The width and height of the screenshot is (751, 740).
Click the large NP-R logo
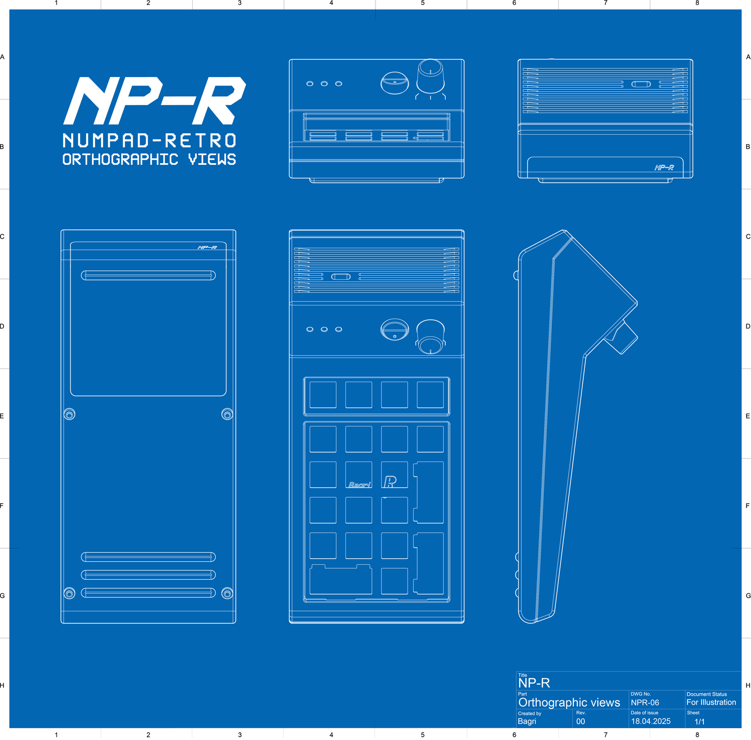tap(155, 101)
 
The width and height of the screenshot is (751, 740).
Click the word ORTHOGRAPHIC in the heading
tap(120, 159)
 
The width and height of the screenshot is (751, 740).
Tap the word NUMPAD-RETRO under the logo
tap(149, 140)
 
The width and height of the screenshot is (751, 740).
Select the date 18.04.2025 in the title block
tap(650, 721)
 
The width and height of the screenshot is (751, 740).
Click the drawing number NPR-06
tap(645, 702)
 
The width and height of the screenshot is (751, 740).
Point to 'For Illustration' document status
tap(711, 702)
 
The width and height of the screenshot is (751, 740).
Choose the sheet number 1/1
tap(699, 721)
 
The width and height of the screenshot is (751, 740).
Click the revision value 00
tap(580, 721)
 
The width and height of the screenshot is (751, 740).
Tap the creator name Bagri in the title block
tap(527, 721)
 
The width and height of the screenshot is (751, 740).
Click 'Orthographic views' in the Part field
tap(569, 702)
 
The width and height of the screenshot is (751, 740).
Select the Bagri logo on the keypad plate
tap(359, 484)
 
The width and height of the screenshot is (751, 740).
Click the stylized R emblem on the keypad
tap(390, 482)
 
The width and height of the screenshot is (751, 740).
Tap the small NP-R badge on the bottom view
tap(207, 247)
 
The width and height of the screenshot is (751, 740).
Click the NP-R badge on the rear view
tap(664, 168)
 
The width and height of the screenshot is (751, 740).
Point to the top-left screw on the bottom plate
tap(70, 414)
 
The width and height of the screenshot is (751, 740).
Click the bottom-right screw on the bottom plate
tap(227, 593)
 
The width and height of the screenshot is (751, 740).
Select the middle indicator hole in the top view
tap(324, 329)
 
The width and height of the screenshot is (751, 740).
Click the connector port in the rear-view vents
tap(641, 84)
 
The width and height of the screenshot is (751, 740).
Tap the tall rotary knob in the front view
tap(430, 76)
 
